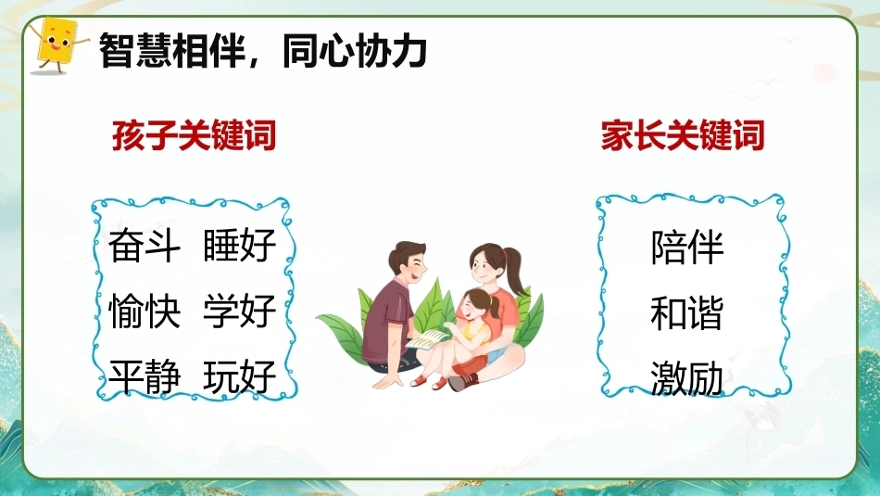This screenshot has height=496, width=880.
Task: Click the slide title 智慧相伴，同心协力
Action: coord(263,51)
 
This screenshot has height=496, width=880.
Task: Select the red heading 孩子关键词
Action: coord(195,135)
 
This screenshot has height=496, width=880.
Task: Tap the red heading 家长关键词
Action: coord(683,135)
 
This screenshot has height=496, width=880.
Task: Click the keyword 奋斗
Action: coord(145,246)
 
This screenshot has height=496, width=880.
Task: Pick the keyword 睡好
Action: coord(240,246)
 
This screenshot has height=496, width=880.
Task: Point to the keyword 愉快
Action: coord(145,311)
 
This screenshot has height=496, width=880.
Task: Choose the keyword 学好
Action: coord(240,311)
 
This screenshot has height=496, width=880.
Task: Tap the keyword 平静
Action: coord(145,375)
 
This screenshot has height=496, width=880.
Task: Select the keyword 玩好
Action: coord(240,375)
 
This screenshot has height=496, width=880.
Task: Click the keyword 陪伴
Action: coord(687,247)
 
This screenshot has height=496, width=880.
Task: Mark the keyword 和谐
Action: coord(687,312)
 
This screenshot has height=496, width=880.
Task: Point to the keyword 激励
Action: coord(687,378)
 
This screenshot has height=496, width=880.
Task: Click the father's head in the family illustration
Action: coord(408,264)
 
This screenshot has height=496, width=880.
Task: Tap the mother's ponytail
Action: coord(515,270)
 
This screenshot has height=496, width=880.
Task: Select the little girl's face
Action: coord(471,308)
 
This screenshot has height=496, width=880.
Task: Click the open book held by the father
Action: coord(428,339)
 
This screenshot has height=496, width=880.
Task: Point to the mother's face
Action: coord(484,270)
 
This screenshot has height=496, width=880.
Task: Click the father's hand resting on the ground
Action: coord(387,382)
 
